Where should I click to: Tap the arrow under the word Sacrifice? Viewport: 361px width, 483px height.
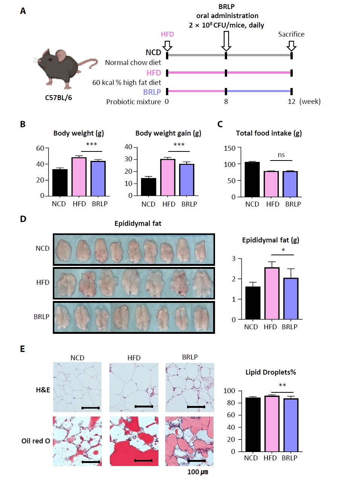coord(291,45)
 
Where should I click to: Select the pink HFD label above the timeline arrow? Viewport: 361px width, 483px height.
coord(167,34)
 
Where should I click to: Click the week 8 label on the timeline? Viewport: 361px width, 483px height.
coord(226,102)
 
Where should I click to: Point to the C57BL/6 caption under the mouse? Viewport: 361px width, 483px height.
coord(58,98)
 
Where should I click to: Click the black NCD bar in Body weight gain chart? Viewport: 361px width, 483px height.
coord(148,187)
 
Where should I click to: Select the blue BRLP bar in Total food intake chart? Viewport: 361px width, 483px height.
coord(290,184)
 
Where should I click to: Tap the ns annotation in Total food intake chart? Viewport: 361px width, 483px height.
coord(281,155)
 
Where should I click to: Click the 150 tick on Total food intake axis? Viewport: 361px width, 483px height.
coord(229,148)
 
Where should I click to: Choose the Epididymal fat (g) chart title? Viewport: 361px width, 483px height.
coord(270,240)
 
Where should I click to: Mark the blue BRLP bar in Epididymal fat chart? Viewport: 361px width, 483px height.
coord(290,299)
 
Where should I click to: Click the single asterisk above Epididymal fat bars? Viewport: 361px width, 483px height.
coord(283,250)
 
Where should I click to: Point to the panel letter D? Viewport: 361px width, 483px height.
coord(23,219)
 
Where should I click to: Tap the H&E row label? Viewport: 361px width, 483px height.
coord(43,390)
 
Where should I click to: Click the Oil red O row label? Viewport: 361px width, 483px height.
coord(35,441)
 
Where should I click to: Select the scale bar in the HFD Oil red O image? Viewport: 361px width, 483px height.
coord(143,460)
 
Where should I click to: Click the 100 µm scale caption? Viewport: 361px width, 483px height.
coord(198,472)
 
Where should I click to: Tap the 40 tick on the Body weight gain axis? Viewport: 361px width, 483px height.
coord(128,147)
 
